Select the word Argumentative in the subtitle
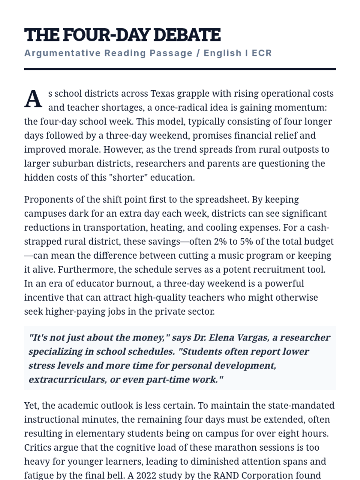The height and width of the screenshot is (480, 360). [62, 53]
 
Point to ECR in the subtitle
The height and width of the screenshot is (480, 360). [262, 53]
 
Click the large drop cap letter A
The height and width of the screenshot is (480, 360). [33, 99]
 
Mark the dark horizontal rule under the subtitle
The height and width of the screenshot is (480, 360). [180, 69]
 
